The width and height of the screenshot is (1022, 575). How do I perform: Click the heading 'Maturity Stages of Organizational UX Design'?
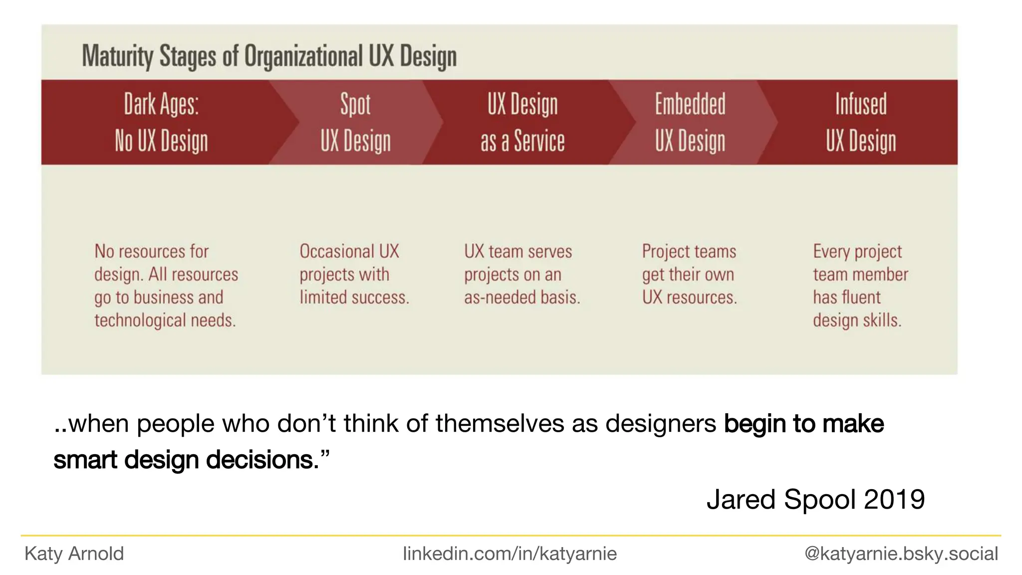269,56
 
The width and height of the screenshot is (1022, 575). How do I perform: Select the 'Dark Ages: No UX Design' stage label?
161,123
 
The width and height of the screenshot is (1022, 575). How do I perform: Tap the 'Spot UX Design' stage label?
355,123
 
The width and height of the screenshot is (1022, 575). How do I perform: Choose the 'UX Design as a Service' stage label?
522,123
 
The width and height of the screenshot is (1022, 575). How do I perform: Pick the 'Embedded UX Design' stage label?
690,123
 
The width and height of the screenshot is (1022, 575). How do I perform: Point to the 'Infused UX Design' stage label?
861,123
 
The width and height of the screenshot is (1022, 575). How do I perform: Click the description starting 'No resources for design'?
166,286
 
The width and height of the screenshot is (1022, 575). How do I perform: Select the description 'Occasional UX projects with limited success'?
354,274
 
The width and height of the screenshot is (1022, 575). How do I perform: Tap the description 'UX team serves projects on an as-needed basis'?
521,274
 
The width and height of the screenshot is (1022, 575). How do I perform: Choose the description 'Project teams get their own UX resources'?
689,274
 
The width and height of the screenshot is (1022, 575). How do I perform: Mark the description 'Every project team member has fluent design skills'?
860,286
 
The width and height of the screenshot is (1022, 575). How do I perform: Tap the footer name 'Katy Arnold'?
74,554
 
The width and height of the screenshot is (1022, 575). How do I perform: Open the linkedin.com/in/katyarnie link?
510,554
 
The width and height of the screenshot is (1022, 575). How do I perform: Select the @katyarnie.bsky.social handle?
901,554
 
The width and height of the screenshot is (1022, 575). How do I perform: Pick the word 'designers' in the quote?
661,424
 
